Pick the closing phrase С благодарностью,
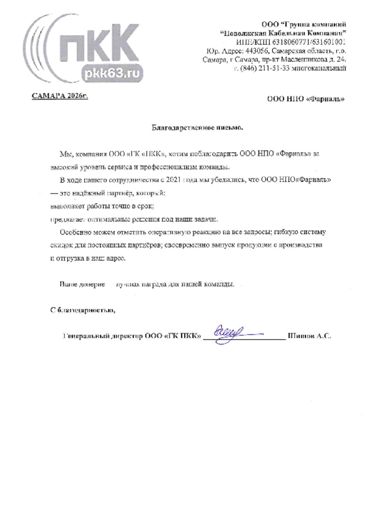pos(82,310)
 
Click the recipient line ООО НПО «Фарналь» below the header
pos(306,99)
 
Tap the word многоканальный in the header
pos(323,69)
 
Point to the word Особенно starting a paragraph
pos(75,232)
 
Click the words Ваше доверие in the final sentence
pos(82,284)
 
